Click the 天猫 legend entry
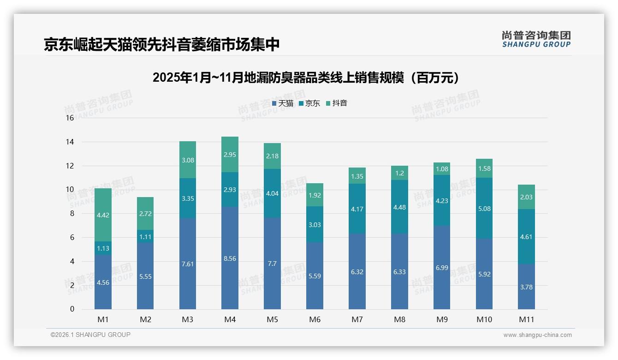[282, 103]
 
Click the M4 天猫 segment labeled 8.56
[230, 258]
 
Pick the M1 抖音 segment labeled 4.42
[103, 215]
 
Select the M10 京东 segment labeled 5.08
[484, 209]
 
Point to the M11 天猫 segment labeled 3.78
[526, 287]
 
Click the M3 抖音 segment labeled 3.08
[188, 160]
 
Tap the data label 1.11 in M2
[145, 236]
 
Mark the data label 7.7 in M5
[272, 264]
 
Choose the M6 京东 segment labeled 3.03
[315, 225]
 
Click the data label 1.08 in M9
[442, 168]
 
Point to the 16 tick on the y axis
[70, 118]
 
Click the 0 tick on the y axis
[72, 309]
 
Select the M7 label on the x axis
[357, 319]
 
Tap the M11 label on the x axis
[526, 319]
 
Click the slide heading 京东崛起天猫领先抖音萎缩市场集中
[162, 44]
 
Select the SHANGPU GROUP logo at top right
[536, 39]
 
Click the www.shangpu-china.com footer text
[537, 335]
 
